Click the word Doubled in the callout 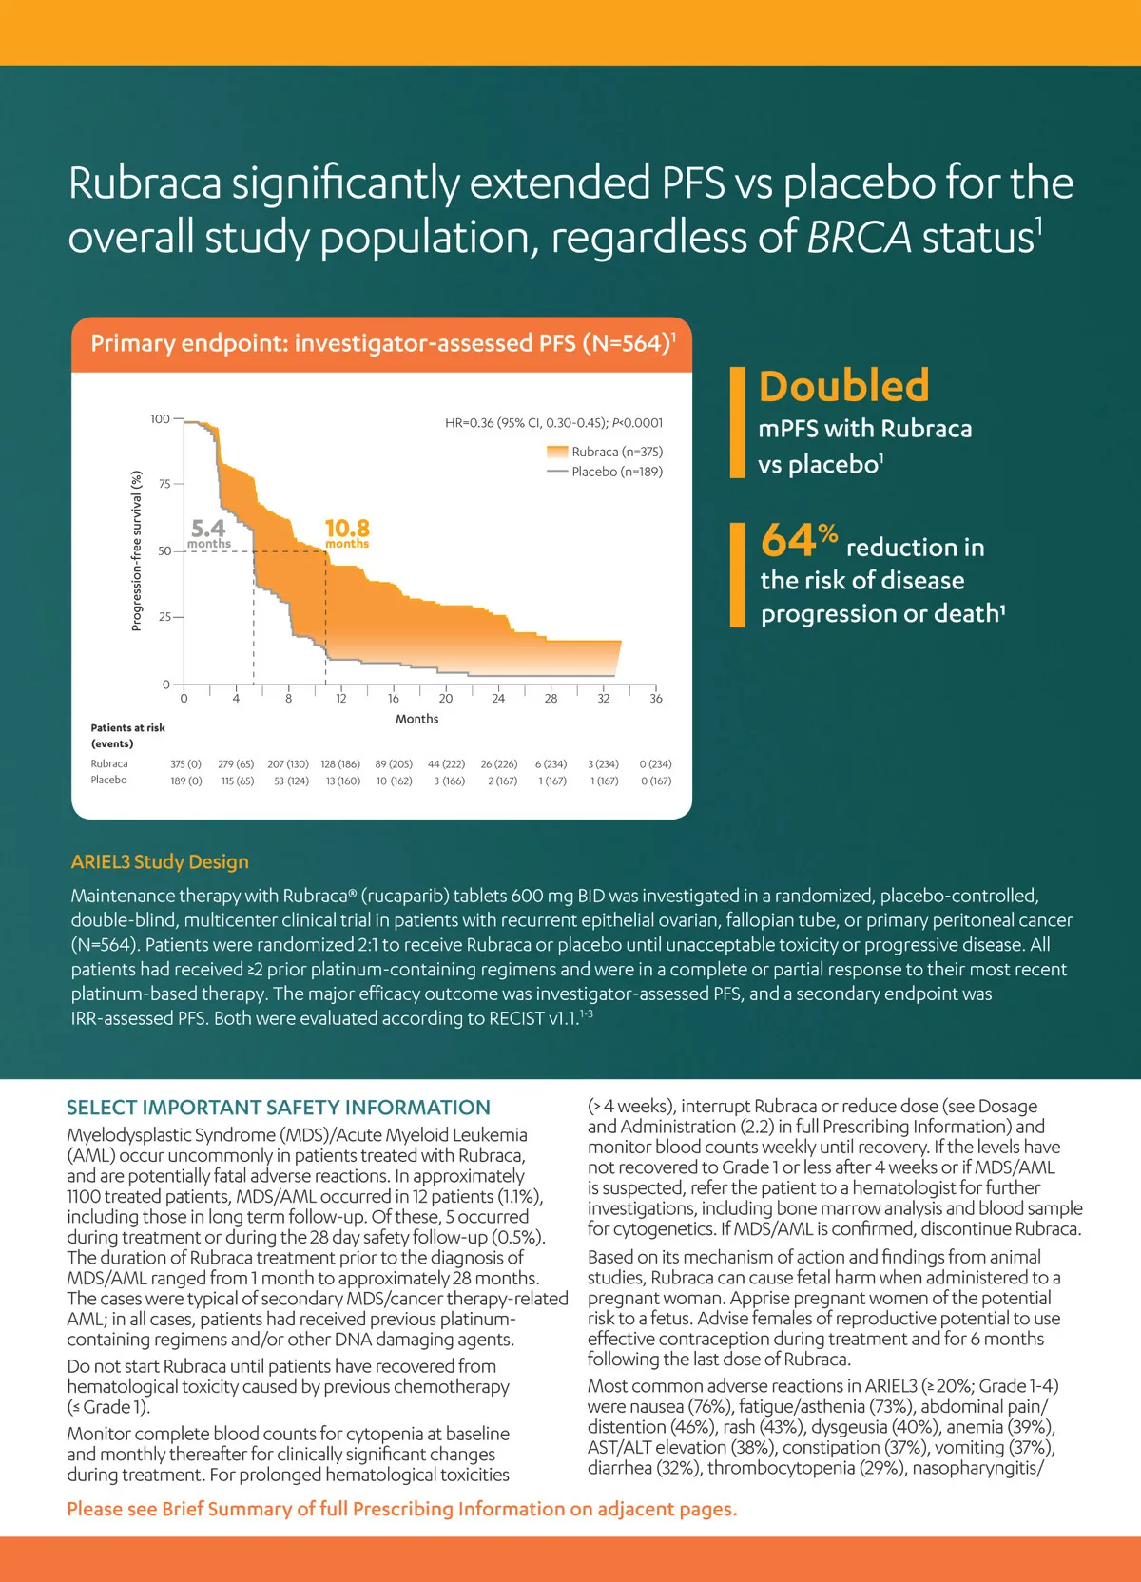click(x=843, y=386)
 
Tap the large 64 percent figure click(x=797, y=540)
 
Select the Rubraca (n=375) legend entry click(x=616, y=452)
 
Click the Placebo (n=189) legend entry click(x=616, y=472)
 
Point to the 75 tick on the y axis click(x=164, y=484)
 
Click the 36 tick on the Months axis click(x=655, y=699)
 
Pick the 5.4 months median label click(x=208, y=532)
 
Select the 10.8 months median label click(x=347, y=532)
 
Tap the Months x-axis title click(x=416, y=719)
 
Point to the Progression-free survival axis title click(x=136, y=550)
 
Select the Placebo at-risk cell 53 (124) click(x=291, y=781)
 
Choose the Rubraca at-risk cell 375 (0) click(x=185, y=764)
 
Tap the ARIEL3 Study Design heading click(x=160, y=861)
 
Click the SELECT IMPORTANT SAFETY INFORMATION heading click(x=279, y=1108)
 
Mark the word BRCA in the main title click(x=859, y=237)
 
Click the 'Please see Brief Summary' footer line click(x=401, y=1509)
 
